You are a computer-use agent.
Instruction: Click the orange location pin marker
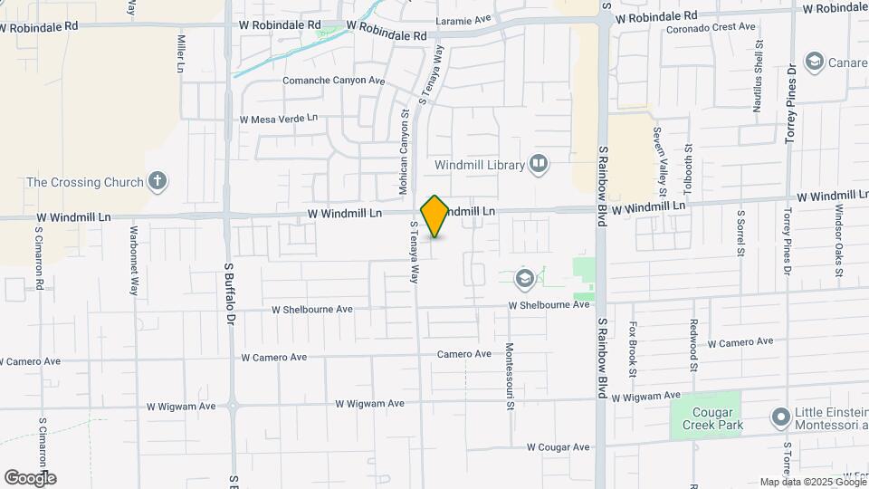click(x=435, y=216)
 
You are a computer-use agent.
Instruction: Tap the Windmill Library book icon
click(x=540, y=164)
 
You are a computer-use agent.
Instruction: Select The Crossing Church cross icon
click(x=158, y=181)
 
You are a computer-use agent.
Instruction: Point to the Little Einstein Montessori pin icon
click(x=780, y=417)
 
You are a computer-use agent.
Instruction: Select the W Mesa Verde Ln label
click(x=279, y=119)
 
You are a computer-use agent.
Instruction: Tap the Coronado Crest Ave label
click(x=711, y=27)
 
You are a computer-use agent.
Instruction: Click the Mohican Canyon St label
click(x=405, y=151)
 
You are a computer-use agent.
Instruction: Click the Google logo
click(x=30, y=478)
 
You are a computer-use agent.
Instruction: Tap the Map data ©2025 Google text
click(x=813, y=482)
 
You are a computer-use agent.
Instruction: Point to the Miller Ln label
click(x=181, y=54)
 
